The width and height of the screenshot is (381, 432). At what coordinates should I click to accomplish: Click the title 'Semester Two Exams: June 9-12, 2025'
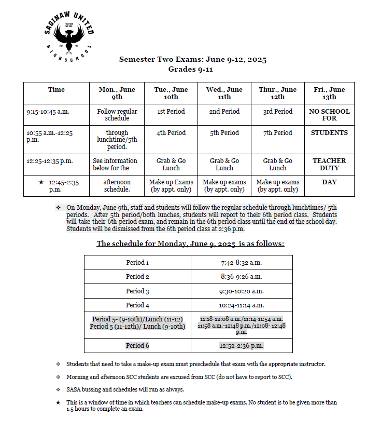click(x=193, y=60)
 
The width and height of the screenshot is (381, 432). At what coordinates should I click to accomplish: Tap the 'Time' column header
click(x=57, y=90)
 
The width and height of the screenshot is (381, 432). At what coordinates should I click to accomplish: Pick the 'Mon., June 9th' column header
click(x=117, y=93)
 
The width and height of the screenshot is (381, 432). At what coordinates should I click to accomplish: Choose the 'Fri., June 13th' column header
click(x=329, y=93)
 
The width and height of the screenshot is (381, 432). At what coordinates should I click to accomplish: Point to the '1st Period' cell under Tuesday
click(x=171, y=112)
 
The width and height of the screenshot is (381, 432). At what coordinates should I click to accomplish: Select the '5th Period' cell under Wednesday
click(x=224, y=133)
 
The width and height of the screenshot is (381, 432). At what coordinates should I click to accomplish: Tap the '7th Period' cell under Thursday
click(x=278, y=133)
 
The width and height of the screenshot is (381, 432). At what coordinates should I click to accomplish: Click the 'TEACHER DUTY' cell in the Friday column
click(x=329, y=165)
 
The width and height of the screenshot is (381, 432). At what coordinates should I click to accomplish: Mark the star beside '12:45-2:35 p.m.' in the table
click(x=40, y=182)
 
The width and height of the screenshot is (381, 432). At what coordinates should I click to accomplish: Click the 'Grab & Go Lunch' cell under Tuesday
click(x=171, y=165)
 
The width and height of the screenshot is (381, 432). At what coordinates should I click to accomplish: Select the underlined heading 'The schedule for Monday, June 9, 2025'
click(x=190, y=244)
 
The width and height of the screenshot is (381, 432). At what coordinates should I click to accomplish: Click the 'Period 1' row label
click(x=137, y=263)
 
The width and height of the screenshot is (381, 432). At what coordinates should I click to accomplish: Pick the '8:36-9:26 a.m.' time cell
click(x=242, y=277)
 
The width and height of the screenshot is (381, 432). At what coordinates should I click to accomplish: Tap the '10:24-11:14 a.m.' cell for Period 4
click(x=242, y=305)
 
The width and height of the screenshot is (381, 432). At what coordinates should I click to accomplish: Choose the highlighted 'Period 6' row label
click(x=137, y=346)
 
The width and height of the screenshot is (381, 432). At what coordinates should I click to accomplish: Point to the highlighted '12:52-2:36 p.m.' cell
click(x=242, y=346)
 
